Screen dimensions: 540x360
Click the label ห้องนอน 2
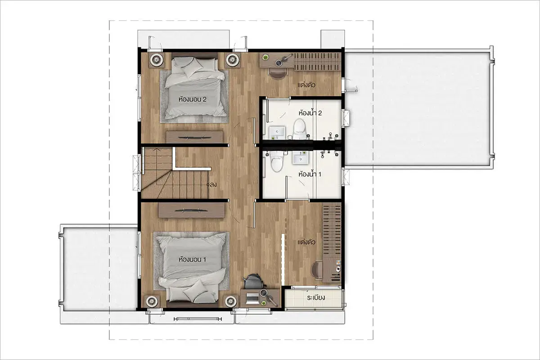[x=193, y=99]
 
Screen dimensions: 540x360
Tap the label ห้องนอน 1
[x=193, y=260]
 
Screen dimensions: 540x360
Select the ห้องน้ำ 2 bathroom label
[x=310, y=112]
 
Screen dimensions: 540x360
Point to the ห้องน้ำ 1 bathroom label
[x=310, y=174]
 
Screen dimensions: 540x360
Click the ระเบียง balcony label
[x=316, y=297]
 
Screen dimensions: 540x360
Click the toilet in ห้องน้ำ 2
[x=299, y=129]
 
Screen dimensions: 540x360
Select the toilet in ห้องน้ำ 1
[x=277, y=161]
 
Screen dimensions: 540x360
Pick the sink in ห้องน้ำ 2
[x=277, y=132]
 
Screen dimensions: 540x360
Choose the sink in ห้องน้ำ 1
[x=300, y=157]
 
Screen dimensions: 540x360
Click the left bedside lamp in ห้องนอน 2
[x=157, y=59]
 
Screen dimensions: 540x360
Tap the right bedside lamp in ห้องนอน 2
[x=232, y=59]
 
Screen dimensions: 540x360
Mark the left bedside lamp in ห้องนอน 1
[x=152, y=301]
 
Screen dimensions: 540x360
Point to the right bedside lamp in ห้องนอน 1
[x=230, y=301]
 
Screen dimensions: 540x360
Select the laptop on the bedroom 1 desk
[x=252, y=299]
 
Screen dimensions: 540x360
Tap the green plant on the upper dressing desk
[x=265, y=58]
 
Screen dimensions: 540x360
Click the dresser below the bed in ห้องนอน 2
[x=194, y=137]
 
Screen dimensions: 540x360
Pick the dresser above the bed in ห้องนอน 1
[x=191, y=211]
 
